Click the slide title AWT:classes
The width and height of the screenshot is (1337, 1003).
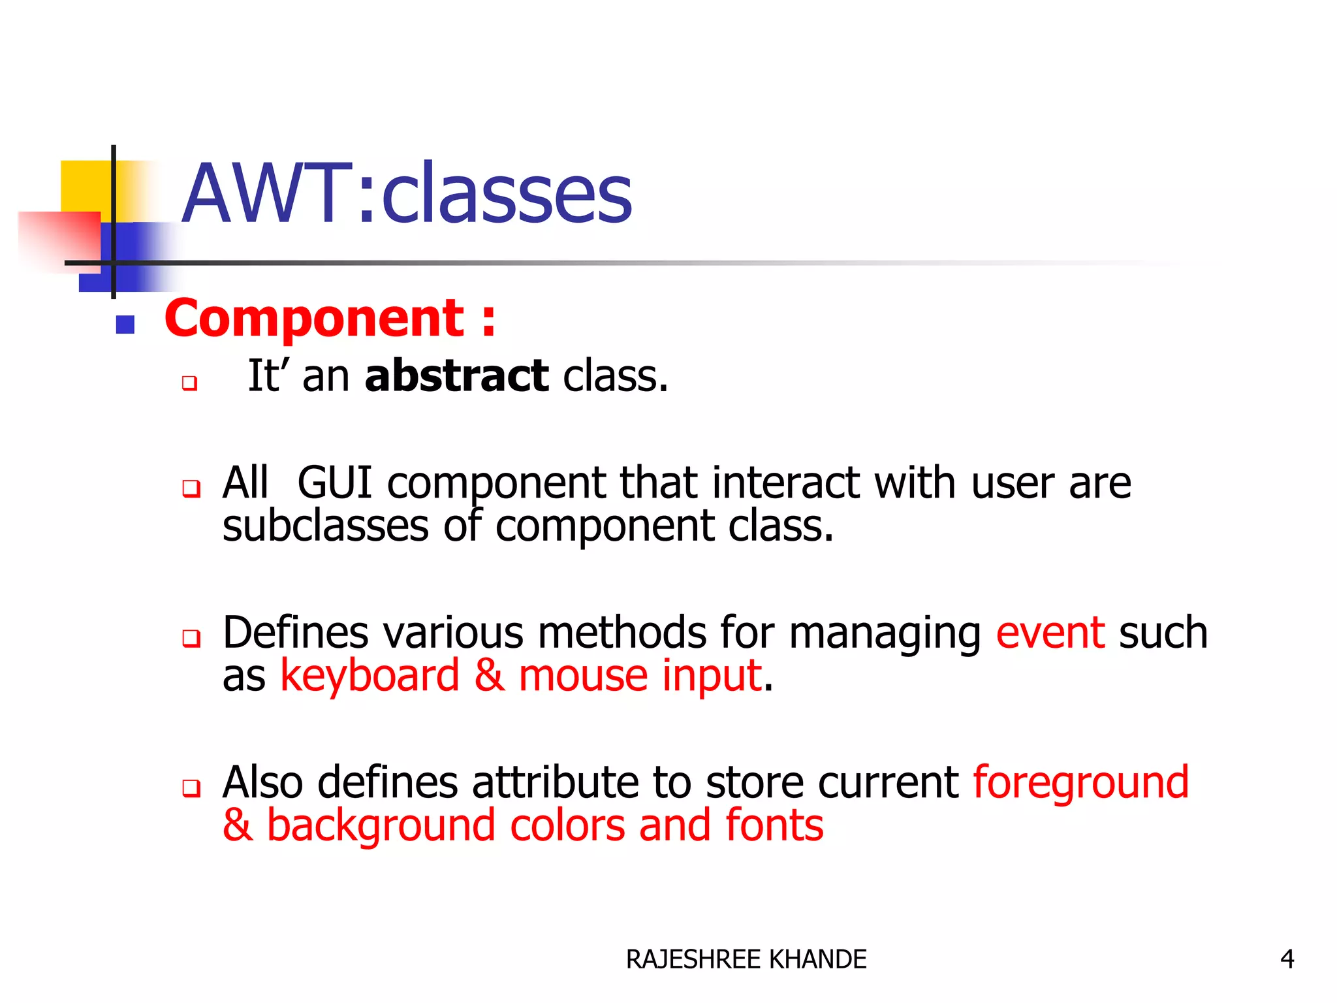(x=406, y=194)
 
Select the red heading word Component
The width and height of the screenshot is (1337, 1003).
(x=314, y=319)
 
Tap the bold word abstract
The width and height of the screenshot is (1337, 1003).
(x=456, y=377)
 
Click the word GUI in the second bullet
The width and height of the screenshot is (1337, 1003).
(x=334, y=483)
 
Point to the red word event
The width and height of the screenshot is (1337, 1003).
(x=1050, y=633)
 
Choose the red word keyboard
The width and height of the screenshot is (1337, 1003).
(x=370, y=676)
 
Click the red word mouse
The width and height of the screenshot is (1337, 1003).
(x=583, y=676)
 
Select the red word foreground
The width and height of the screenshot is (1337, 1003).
(x=1080, y=783)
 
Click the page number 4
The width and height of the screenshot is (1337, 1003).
(x=1287, y=959)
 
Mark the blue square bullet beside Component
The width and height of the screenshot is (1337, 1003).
(x=125, y=325)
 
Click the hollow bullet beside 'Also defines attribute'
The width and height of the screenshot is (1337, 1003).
(x=191, y=788)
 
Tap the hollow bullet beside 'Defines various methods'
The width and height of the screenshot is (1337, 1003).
(x=191, y=638)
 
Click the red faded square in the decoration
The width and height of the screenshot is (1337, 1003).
(x=59, y=238)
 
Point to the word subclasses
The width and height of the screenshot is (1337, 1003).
(x=325, y=526)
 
